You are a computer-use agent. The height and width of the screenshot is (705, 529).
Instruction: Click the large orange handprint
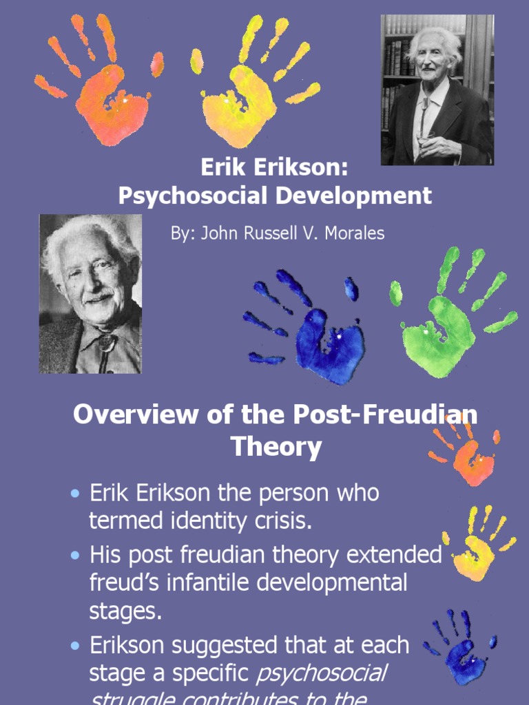[110, 103]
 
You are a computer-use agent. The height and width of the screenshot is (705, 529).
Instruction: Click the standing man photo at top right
[437, 90]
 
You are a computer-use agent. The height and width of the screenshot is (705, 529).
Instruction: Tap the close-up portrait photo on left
[90, 294]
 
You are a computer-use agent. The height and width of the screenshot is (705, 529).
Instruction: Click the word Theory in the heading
[276, 448]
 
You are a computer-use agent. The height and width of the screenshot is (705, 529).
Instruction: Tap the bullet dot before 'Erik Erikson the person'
[76, 495]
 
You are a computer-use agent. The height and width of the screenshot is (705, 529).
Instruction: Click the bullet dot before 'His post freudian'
[76, 556]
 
